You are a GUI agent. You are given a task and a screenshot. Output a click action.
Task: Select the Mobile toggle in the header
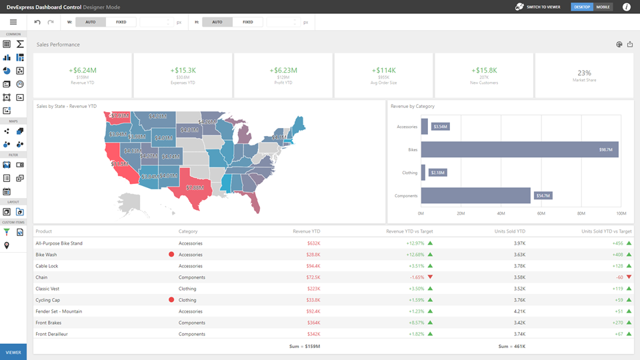[x=603, y=7]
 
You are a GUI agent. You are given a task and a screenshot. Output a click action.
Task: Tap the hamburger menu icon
[x=13, y=22]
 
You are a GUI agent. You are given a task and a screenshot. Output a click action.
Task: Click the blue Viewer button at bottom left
[x=13, y=352]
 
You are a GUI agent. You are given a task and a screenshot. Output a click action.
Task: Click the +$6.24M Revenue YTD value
[x=83, y=70]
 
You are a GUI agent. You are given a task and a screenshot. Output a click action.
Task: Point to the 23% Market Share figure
[x=584, y=73]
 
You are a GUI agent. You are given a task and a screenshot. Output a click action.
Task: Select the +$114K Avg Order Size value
[x=384, y=70]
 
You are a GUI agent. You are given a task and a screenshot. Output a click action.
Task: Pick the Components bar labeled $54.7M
[x=475, y=195]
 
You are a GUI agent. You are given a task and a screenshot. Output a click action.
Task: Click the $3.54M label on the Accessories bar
[x=441, y=126]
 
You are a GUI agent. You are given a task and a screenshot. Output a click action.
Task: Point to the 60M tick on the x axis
[x=541, y=214]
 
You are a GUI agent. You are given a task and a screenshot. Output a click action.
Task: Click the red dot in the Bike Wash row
[x=171, y=255]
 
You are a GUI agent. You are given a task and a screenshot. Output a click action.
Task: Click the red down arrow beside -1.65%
[x=430, y=277]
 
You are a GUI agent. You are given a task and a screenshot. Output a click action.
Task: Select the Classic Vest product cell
[x=49, y=289]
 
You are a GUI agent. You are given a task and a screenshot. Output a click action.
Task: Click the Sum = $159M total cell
[x=305, y=347]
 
